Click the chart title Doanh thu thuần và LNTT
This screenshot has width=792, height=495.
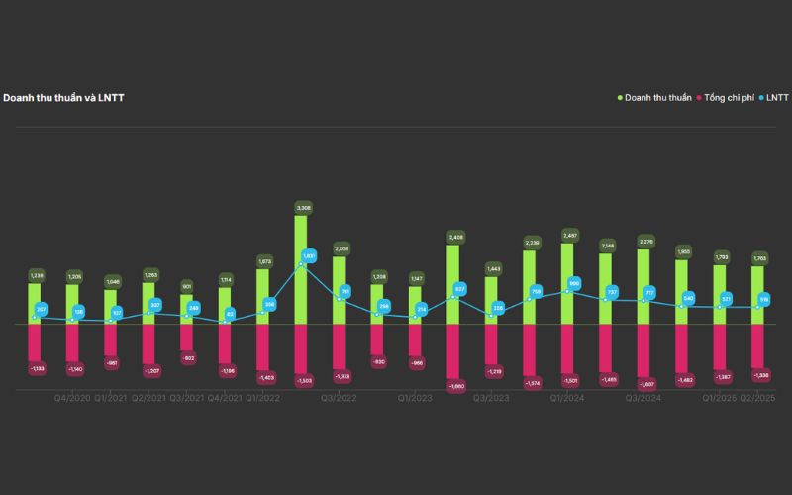63,98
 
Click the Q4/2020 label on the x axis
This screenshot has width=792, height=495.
72,398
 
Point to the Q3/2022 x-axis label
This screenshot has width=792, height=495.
339,398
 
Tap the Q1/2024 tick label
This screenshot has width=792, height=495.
567,398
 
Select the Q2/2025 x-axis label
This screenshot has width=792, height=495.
758,398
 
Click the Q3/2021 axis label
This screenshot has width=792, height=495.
187,398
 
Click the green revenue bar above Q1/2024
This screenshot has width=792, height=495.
567,283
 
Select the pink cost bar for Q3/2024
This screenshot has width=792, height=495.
643,350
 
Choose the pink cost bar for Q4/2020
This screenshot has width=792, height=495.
72,344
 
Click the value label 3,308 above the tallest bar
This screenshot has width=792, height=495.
303,208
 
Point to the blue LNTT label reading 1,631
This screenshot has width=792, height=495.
309,255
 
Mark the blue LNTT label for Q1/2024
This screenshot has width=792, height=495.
574,284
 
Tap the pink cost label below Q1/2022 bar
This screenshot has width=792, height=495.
265,377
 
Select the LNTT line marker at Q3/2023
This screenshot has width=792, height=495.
491,316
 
